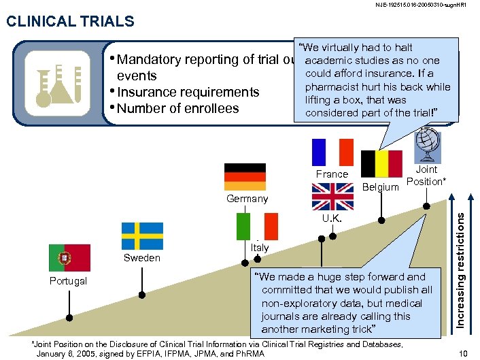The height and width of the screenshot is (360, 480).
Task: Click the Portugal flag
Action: pos(69,258)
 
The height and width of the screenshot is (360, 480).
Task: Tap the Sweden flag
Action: pos(142,236)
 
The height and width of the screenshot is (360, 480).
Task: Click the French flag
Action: pos(332,152)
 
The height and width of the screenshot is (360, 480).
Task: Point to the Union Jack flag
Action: pos(332,196)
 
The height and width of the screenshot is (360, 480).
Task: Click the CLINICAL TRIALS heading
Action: pos(69,22)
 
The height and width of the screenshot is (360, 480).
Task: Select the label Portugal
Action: pos(68,281)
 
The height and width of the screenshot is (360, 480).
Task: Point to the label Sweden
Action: pos(141,258)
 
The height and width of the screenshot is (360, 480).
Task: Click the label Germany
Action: pos(247,199)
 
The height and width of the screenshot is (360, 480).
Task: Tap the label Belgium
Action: pos(380,186)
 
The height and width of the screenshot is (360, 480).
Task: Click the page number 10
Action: pos(464,352)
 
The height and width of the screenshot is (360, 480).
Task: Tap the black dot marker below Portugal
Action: pos(69,318)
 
